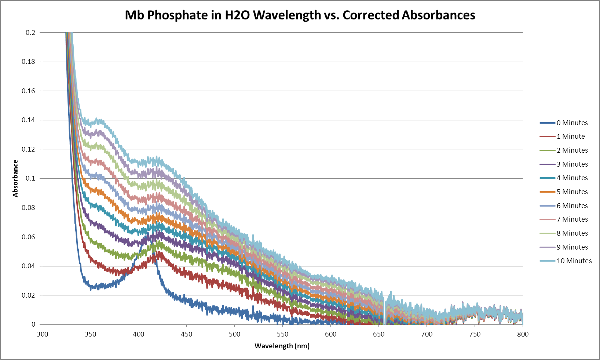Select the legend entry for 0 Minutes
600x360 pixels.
click(572, 123)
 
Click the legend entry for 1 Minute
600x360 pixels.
click(570, 137)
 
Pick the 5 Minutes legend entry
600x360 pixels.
click(572, 192)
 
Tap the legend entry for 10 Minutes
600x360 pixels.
click(574, 261)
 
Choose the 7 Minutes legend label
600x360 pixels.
click(572, 219)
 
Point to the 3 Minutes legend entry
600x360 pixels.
click(572, 164)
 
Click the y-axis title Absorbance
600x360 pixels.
click(15, 178)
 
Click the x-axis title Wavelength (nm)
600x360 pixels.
click(282, 346)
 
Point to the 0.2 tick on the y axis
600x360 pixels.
click(30, 33)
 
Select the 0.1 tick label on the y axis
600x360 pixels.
click(30, 178)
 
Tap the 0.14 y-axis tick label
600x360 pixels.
click(29, 120)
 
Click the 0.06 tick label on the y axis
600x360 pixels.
click(29, 237)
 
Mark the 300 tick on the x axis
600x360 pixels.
click(42, 334)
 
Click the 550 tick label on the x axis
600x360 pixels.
click(282, 334)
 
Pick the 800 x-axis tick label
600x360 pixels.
click(523, 334)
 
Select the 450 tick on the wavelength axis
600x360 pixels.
click(186, 334)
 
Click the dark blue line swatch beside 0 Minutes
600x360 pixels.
click(547, 123)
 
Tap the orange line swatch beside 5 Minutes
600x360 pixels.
click(547, 192)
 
